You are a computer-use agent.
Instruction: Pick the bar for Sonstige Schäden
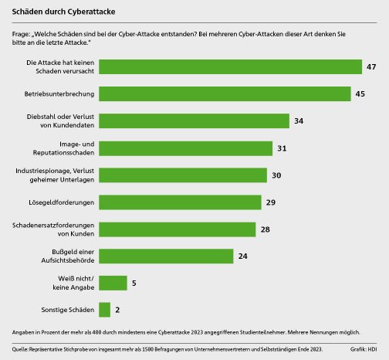tap(104, 311)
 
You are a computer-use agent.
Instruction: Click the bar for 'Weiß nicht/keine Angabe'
tap(113, 284)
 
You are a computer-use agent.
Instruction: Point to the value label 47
tap(371, 67)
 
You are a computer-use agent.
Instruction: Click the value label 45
tap(360, 94)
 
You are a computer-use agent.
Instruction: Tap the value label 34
tap(298, 121)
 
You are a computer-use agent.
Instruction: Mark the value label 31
tap(281, 148)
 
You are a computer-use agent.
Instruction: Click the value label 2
tap(117, 311)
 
